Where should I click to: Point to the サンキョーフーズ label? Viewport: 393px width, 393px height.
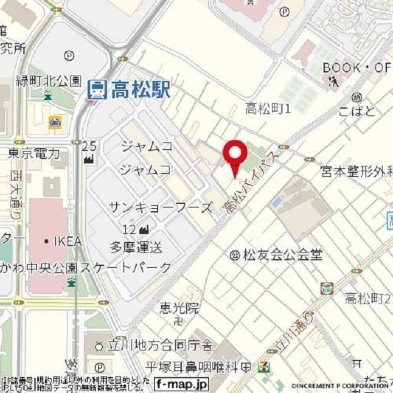click(x=160, y=208)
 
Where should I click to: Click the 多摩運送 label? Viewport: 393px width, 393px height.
click(x=136, y=247)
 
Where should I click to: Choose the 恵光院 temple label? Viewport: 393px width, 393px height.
click(x=179, y=308)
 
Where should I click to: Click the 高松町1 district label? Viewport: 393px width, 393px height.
click(x=267, y=109)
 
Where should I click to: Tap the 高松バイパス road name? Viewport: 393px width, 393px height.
click(x=251, y=182)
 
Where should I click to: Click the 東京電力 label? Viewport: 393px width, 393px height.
click(x=34, y=153)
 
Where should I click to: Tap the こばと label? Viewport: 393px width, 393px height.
click(x=356, y=112)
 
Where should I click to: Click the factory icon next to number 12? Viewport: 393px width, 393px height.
click(x=145, y=230)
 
